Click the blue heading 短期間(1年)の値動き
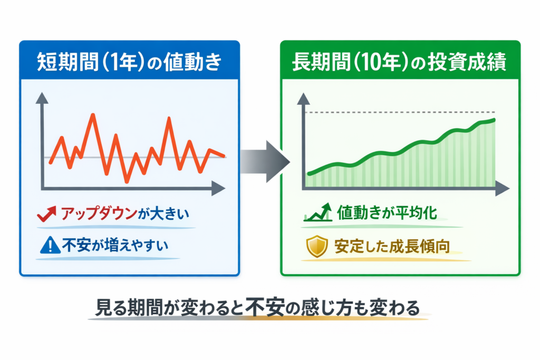pos(130,63)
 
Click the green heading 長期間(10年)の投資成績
pos(399,63)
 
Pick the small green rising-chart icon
pos(316,213)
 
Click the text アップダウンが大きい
pos(124,215)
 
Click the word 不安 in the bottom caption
pos(261,308)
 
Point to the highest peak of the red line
pos(93,114)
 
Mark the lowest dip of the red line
pos(127,182)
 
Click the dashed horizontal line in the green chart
pos(401,112)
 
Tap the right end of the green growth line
pos(495,120)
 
